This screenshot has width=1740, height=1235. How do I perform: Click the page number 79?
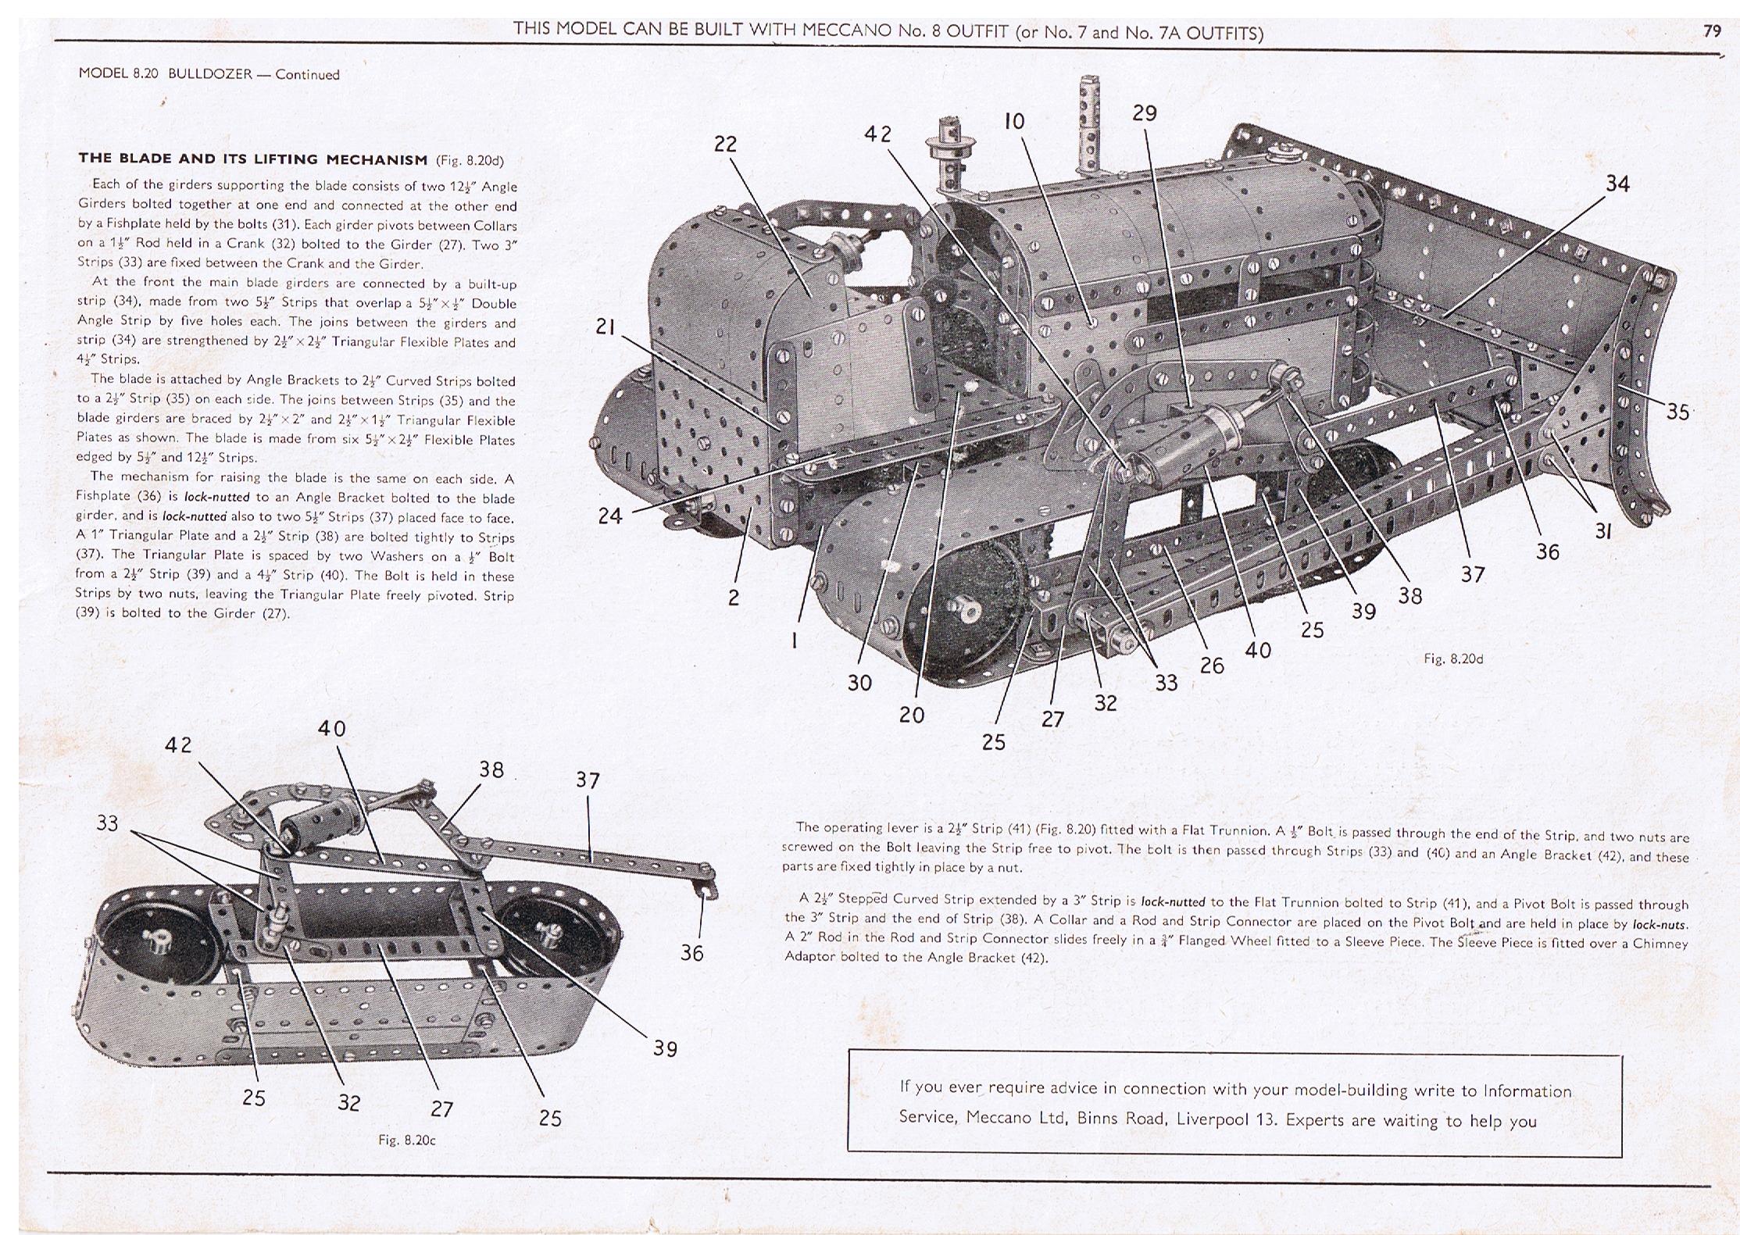click(1712, 31)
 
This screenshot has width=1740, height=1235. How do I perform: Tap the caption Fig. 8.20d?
click(1452, 659)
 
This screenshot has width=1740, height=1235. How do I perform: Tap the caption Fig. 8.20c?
click(406, 1140)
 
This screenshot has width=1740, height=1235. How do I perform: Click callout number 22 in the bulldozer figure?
click(725, 145)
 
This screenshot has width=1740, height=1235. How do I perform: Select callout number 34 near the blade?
click(1617, 184)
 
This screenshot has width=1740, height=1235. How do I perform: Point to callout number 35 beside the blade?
click(1677, 412)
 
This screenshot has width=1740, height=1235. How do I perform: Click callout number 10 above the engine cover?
click(1014, 122)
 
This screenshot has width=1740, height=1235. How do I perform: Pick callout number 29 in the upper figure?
click(1144, 114)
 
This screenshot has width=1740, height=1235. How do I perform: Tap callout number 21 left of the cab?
click(605, 327)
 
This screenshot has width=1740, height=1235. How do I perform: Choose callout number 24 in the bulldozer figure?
click(610, 516)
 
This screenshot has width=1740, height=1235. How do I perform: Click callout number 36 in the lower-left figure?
click(691, 953)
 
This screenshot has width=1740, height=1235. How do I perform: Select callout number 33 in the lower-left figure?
click(107, 823)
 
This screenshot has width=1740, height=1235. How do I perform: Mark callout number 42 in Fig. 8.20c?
click(177, 745)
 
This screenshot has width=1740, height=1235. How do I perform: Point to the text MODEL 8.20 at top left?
click(119, 75)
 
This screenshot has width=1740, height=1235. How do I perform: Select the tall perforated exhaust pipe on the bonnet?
click(1089, 125)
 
